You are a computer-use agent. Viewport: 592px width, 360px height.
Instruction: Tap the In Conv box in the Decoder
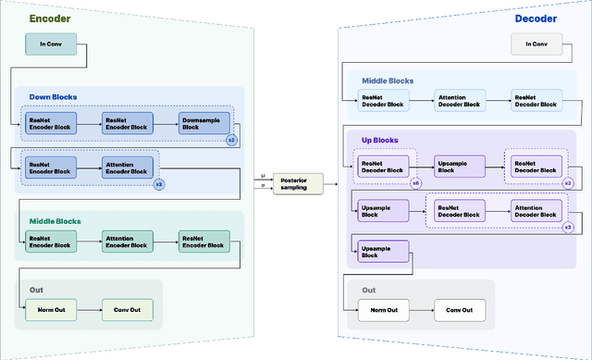(x=536, y=43)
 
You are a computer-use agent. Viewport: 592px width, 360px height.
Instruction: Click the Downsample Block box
(x=203, y=123)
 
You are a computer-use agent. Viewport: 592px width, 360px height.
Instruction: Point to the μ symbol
(x=264, y=174)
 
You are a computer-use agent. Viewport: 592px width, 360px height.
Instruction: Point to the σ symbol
(x=264, y=186)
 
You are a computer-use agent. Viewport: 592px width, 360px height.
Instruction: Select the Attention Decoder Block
(x=460, y=99)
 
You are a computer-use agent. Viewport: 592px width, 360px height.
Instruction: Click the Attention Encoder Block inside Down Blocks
(x=127, y=166)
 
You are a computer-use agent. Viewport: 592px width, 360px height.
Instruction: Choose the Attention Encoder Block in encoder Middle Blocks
(x=127, y=242)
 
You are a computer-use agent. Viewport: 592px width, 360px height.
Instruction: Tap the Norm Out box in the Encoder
(x=50, y=308)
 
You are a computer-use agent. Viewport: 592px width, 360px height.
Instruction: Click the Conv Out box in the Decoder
(x=459, y=308)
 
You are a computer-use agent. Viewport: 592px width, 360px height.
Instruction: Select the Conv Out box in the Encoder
(x=127, y=308)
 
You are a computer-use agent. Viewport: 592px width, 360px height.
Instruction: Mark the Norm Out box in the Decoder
(x=382, y=308)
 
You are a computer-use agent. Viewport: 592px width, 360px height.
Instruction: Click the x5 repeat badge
(x=415, y=183)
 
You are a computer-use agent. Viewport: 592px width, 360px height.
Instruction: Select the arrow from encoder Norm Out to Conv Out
(x=89, y=308)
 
